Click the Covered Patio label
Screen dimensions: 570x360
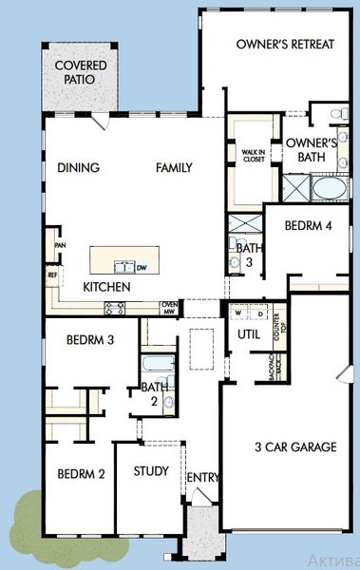(x=80, y=73)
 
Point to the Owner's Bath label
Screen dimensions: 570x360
(x=312, y=149)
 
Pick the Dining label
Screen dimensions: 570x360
(x=79, y=168)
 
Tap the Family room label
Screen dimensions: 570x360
(x=175, y=168)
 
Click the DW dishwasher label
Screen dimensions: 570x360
(x=141, y=268)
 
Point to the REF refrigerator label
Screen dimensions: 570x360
(x=52, y=275)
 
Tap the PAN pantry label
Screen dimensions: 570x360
(x=59, y=245)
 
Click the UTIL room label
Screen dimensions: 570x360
(x=249, y=335)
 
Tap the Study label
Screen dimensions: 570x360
(x=151, y=471)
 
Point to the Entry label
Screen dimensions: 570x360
(x=202, y=476)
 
